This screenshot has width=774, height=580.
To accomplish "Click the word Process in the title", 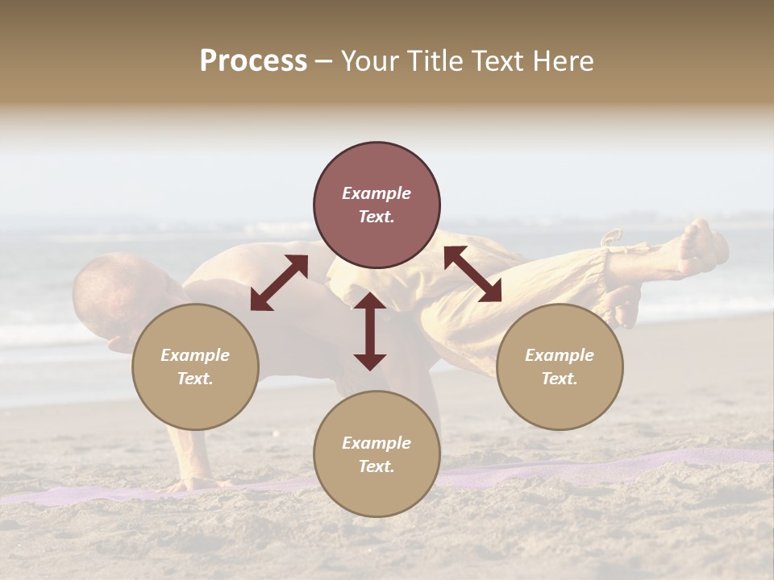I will (253, 61).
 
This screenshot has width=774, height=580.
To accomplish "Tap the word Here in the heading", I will (562, 61).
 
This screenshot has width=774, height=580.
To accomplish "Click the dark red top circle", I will (377, 205).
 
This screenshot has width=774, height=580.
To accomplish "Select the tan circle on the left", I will (195, 367).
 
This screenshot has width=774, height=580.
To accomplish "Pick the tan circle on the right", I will (560, 367).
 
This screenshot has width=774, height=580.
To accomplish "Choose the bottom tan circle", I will (377, 454).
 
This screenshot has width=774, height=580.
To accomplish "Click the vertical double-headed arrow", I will (370, 331).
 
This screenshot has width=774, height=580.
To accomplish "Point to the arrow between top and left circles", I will (279, 283).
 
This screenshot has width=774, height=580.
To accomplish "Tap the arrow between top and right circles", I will (472, 274).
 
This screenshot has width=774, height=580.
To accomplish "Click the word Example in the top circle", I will (377, 193).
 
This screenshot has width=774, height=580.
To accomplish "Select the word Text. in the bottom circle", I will (377, 466).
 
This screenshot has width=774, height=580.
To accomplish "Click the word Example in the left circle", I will (195, 355).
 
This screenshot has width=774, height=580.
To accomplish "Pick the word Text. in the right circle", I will (560, 379).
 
